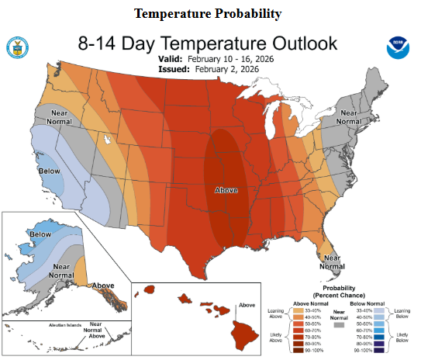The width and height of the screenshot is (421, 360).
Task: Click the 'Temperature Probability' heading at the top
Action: coord(207,14)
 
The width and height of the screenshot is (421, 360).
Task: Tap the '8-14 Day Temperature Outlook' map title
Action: coord(208,43)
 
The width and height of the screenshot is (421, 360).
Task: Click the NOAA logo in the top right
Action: coord(399,48)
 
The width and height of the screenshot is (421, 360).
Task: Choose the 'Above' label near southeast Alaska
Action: coord(103,286)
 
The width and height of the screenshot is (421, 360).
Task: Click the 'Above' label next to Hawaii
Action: coord(247,305)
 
